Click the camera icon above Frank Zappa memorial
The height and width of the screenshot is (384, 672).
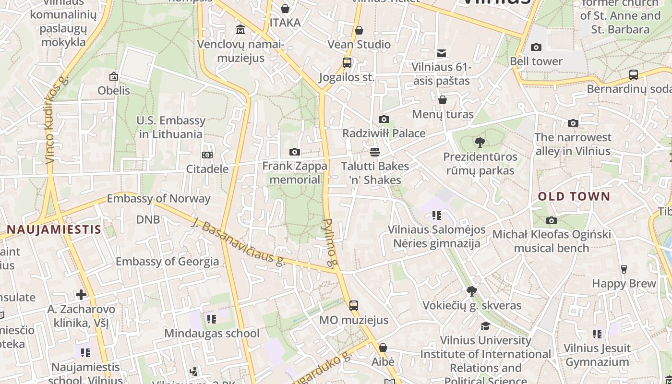295,152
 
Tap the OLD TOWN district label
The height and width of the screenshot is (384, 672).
574,196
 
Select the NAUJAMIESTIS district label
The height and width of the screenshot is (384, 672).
54,229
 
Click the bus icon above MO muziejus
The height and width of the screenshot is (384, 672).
354,305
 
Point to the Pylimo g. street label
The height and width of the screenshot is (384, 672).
331,242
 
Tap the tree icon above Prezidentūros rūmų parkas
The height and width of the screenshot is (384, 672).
480,142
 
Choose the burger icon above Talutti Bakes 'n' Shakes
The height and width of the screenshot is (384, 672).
375,152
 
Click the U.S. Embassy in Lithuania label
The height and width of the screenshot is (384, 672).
171,127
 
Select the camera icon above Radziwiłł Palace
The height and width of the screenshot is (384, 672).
384,119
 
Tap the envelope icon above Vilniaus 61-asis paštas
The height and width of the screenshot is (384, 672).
442,53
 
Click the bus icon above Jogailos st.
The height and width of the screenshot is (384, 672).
347,63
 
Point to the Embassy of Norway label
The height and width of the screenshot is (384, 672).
158,198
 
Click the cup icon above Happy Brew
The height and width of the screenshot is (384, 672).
624,269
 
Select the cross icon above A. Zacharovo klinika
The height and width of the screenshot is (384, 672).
81,294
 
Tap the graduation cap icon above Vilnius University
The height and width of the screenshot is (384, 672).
485,326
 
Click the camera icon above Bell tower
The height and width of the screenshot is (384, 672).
536,47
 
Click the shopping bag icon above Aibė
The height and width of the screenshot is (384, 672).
383,348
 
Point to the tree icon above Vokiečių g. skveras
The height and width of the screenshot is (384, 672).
472,291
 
